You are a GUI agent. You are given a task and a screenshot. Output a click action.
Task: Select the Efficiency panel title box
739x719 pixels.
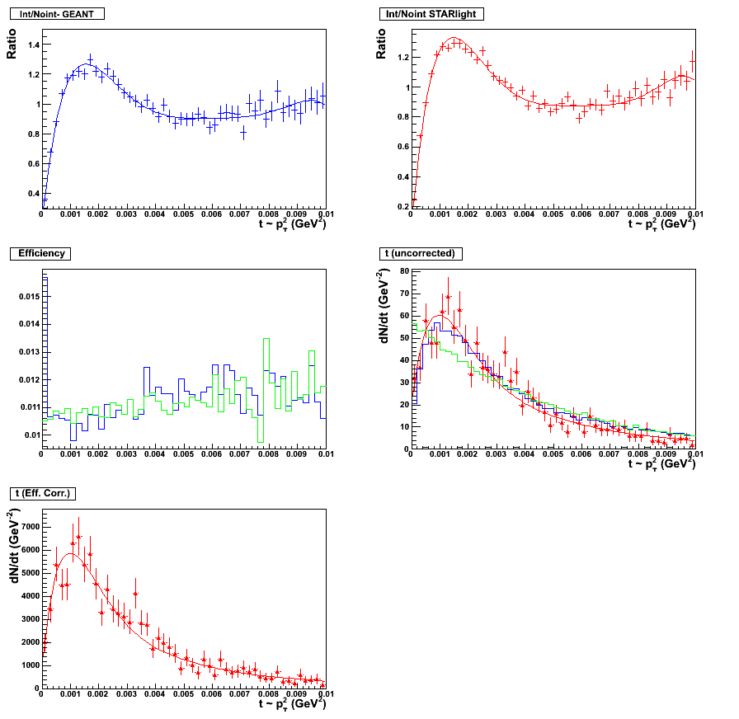click(x=41, y=254)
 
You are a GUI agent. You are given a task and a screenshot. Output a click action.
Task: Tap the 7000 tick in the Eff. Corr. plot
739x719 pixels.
click(x=23, y=526)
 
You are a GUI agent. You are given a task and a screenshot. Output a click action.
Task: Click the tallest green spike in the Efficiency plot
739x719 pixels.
click(x=266, y=339)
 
